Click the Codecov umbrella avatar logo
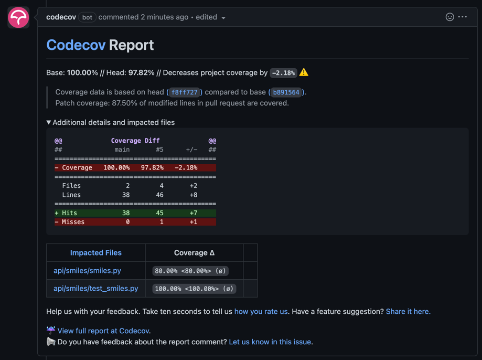(18, 17)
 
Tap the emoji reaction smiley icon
(449, 17)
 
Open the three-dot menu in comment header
(463, 17)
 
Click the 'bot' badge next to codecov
(87, 17)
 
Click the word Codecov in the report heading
(76, 45)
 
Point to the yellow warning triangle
(304, 72)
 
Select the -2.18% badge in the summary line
(283, 73)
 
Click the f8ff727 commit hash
(185, 92)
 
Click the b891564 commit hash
(286, 92)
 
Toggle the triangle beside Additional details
(49, 122)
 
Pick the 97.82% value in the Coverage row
(152, 168)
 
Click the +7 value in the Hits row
(194, 213)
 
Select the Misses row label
(73, 222)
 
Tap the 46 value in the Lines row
(159, 195)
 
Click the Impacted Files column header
(96, 252)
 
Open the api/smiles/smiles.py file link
(87, 271)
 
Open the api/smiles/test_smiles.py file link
(96, 289)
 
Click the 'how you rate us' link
(261, 312)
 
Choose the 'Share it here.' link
(408, 312)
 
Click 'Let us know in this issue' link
(270, 342)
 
